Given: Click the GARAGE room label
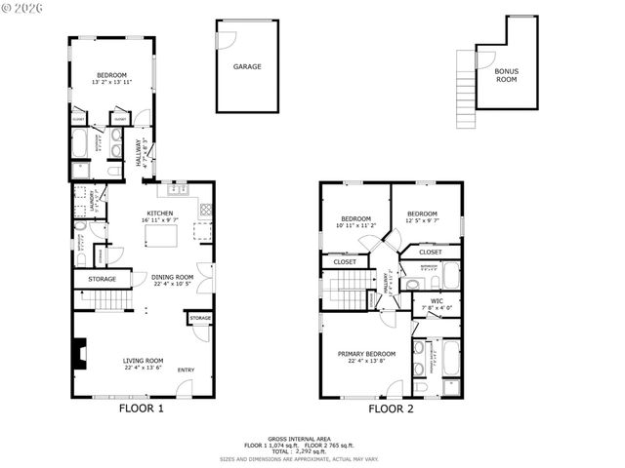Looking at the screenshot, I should pos(246,67).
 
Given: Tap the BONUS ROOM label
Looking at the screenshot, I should pos(506,75).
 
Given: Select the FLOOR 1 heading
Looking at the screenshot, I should pos(141,409).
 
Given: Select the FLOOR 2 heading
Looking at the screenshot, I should pos(391,409).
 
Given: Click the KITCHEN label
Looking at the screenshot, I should pos(159,214).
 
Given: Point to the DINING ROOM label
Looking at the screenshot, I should pos(172,277).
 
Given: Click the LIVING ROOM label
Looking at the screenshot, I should pos(143,361).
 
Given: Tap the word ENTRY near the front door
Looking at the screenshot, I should pos(186,370).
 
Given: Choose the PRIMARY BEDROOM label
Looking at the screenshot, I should pos(366,354).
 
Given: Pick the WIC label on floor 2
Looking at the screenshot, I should pos(437,301).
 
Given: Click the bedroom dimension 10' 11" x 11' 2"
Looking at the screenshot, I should pos(355,225).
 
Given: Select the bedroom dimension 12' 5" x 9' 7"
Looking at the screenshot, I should pos(422,220).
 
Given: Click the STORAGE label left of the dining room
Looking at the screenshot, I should pos(102,280).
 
